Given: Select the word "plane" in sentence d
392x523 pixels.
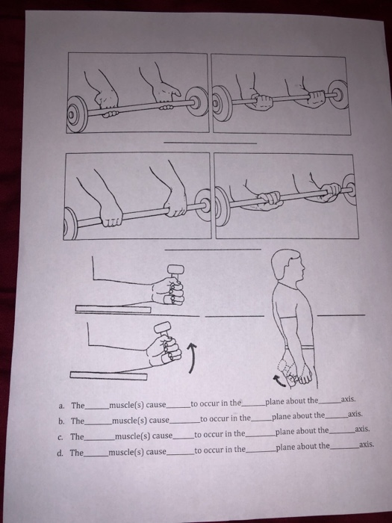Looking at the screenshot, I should (287, 448).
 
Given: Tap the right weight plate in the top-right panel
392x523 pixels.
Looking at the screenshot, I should (340, 95).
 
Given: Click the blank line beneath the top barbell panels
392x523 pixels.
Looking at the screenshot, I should (211, 143).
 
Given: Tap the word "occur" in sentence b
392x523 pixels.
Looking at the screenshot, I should (217, 417).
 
